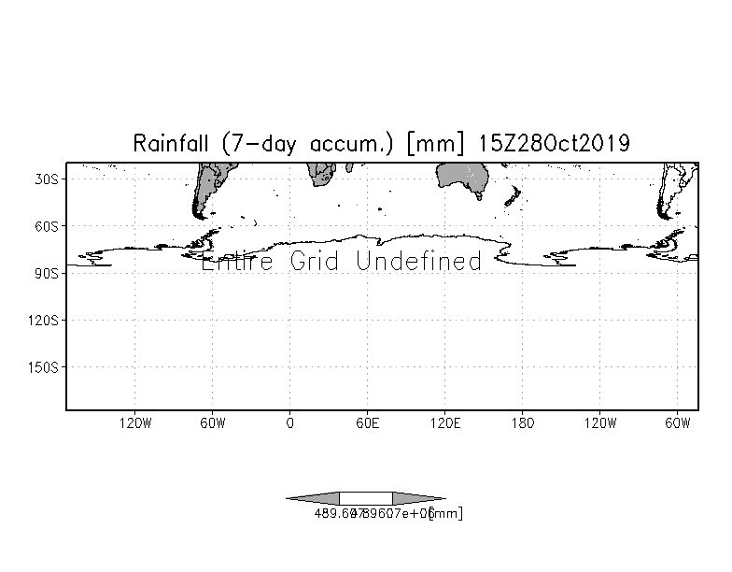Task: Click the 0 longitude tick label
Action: (x=289, y=423)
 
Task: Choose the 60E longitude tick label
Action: (x=367, y=423)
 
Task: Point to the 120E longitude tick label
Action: (x=444, y=423)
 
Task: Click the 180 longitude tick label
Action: (x=522, y=423)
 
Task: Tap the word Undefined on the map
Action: (x=419, y=261)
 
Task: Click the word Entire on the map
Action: (x=238, y=261)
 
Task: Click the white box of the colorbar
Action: (x=366, y=498)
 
